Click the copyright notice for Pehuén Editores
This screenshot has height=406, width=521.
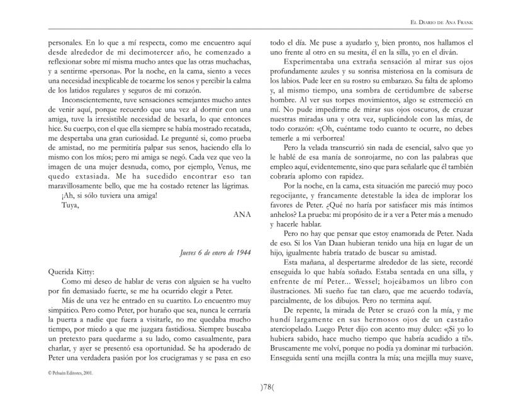click(70, 373)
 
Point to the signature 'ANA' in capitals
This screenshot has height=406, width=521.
click(242, 214)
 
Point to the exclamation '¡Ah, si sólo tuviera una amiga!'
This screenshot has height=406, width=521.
click(109, 195)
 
